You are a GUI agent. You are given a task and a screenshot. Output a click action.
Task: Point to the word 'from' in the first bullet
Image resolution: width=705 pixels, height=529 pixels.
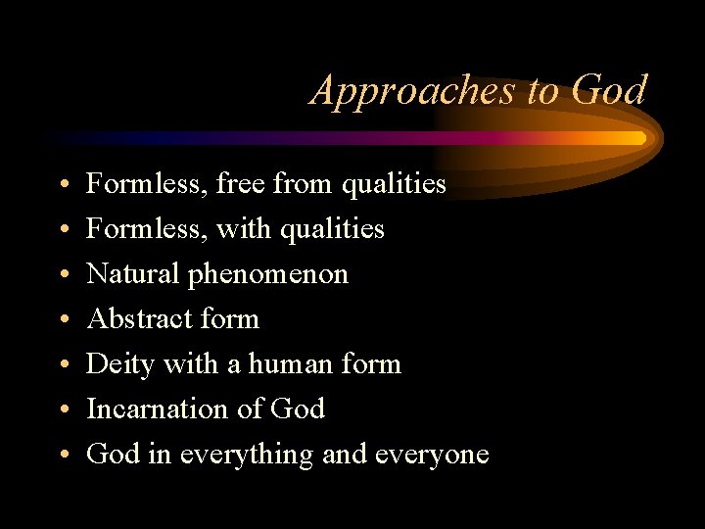(x=305, y=183)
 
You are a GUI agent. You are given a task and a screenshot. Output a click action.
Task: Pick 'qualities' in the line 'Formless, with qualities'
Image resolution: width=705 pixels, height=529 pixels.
(x=332, y=229)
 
